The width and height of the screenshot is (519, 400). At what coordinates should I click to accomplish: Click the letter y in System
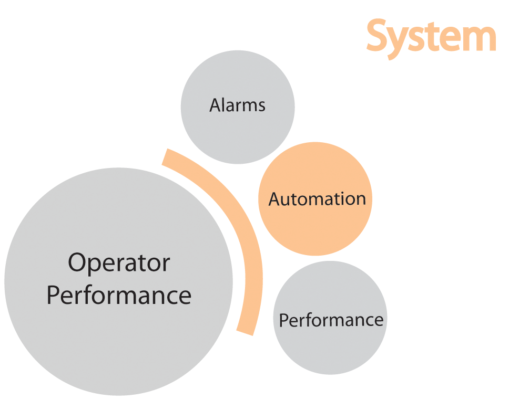(x=401, y=42)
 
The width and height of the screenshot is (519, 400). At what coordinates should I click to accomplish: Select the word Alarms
(x=237, y=106)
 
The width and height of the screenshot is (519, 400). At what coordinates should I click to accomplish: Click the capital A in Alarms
(x=216, y=106)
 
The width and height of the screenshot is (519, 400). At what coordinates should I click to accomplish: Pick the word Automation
(x=317, y=199)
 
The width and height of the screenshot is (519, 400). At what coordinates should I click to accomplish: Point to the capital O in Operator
(x=78, y=262)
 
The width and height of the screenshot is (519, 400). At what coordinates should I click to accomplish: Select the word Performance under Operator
(x=119, y=295)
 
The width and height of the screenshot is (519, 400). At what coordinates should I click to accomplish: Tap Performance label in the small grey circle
(x=331, y=320)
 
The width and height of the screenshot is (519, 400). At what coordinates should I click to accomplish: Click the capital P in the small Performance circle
(x=283, y=320)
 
